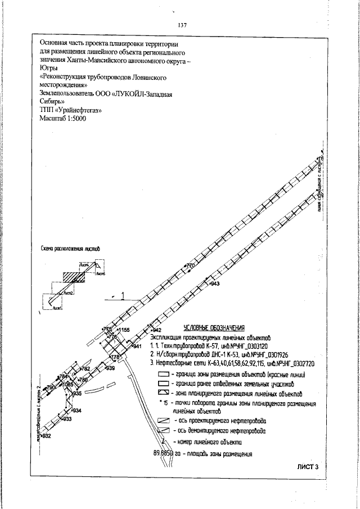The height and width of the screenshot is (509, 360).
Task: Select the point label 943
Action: coord(214,284)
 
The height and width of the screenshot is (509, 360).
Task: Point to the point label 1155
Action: coord(123,330)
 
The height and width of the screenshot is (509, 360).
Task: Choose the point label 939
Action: coord(110,368)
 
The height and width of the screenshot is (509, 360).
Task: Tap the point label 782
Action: coord(85,368)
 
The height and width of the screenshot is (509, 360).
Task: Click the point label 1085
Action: coord(67,385)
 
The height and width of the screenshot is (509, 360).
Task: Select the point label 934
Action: coord(77,411)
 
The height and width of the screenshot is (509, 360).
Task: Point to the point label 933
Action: coord(66,419)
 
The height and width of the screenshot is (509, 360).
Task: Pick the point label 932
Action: coord(46,436)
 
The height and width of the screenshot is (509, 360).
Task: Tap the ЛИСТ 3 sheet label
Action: coord(307,466)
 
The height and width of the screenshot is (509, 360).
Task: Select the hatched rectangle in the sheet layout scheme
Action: coord(73,277)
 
